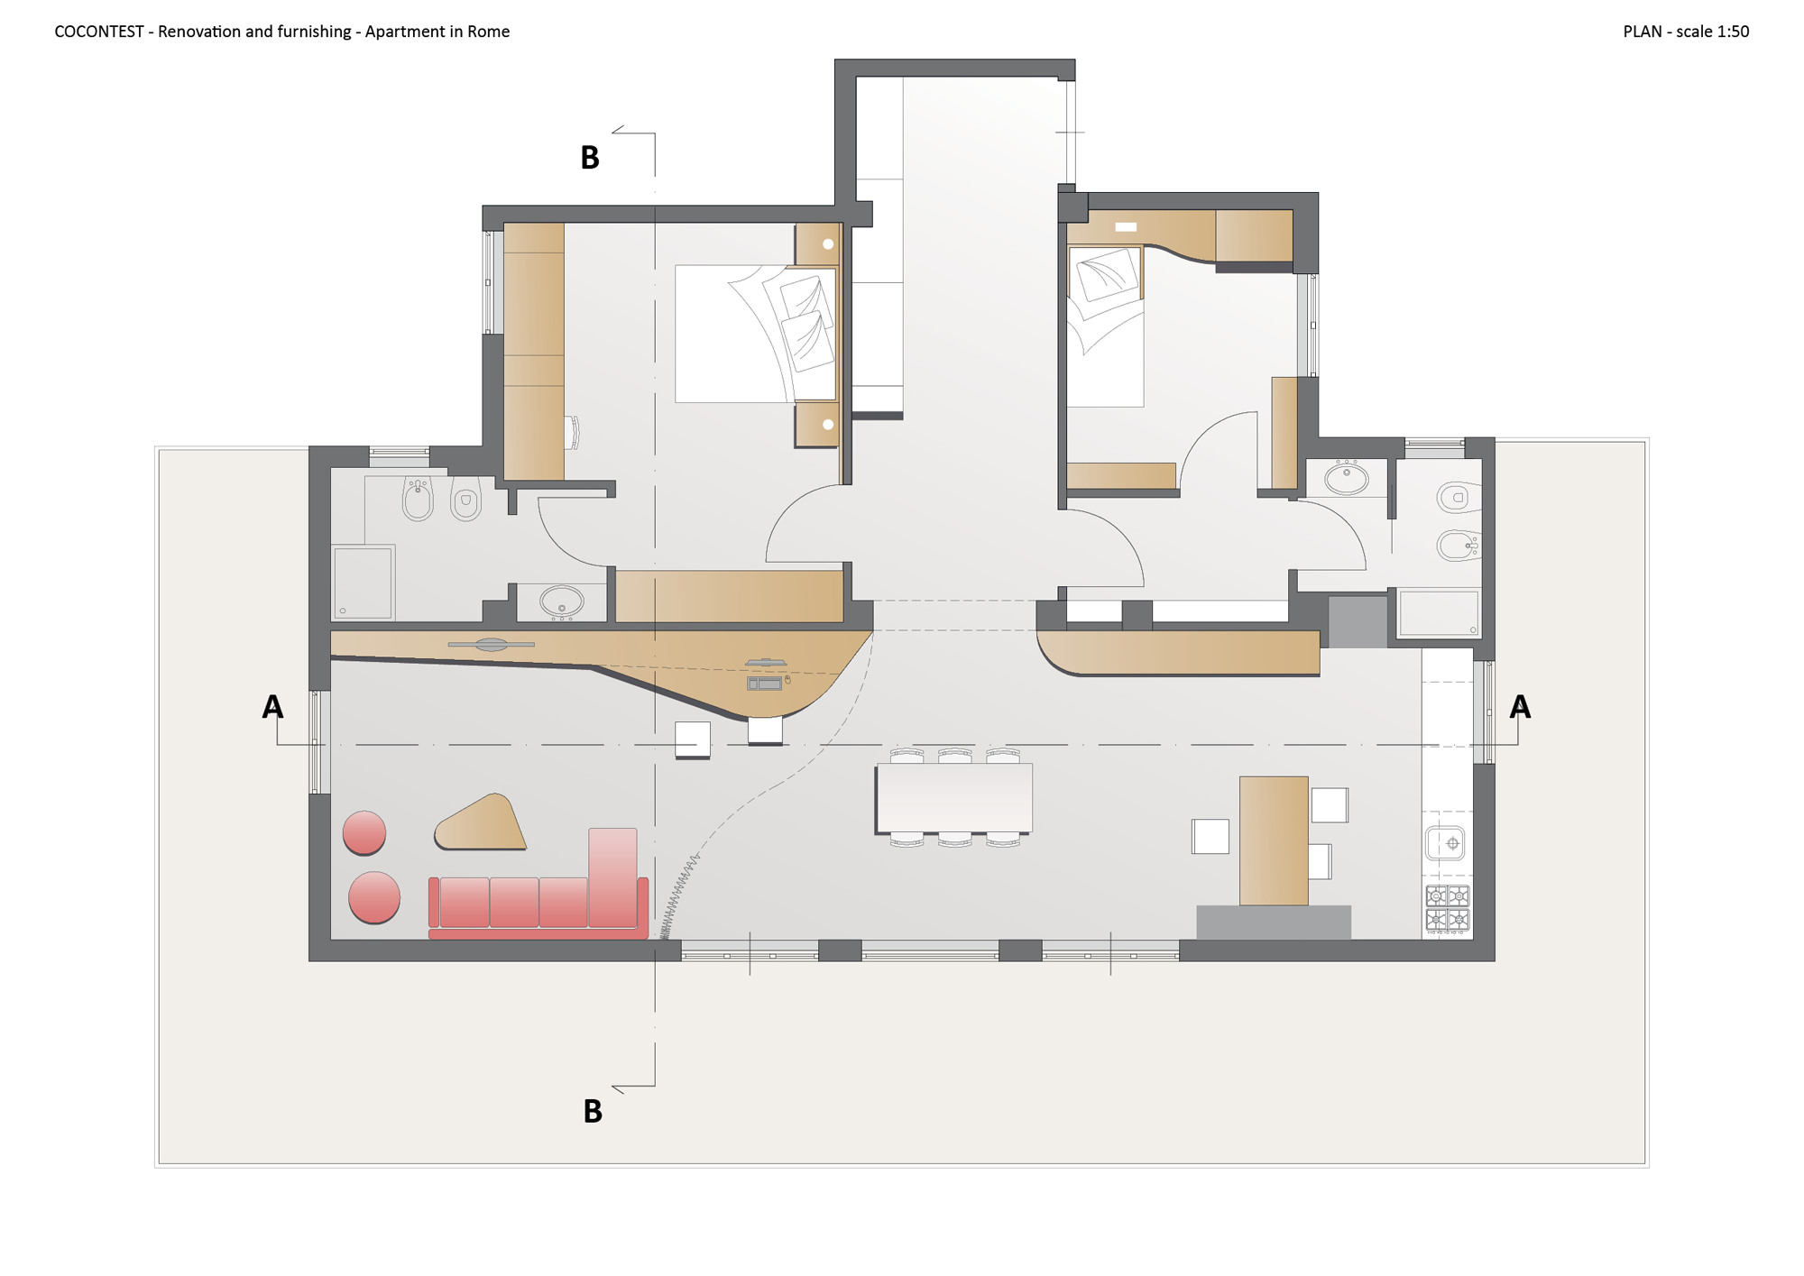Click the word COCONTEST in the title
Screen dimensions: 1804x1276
(x=99, y=32)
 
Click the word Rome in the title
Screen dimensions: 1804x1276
(x=488, y=32)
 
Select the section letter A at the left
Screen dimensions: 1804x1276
(x=272, y=707)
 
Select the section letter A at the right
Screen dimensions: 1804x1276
(x=1520, y=707)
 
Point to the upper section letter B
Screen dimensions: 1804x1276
(x=590, y=158)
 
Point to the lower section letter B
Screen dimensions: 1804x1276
(x=593, y=1111)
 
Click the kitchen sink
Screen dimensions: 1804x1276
(x=1445, y=844)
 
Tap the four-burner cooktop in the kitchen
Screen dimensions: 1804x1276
(x=1448, y=908)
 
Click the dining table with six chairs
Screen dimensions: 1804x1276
(x=954, y=797)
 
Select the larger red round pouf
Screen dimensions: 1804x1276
(x=374, y=897)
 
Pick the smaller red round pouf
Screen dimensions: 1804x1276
(x=364, y=832)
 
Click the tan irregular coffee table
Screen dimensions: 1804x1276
(x=481, y=823)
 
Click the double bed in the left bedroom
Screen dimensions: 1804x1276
(x=756, y=333)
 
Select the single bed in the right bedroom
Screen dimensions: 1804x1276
(x=1105, y=326)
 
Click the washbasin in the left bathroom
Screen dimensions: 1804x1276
(x=561, y=601)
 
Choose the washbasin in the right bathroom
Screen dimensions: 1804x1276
(x=1346, y=478)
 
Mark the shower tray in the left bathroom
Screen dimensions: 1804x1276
(x=363, y=582)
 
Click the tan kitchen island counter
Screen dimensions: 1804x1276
(x=1274, y=840)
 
